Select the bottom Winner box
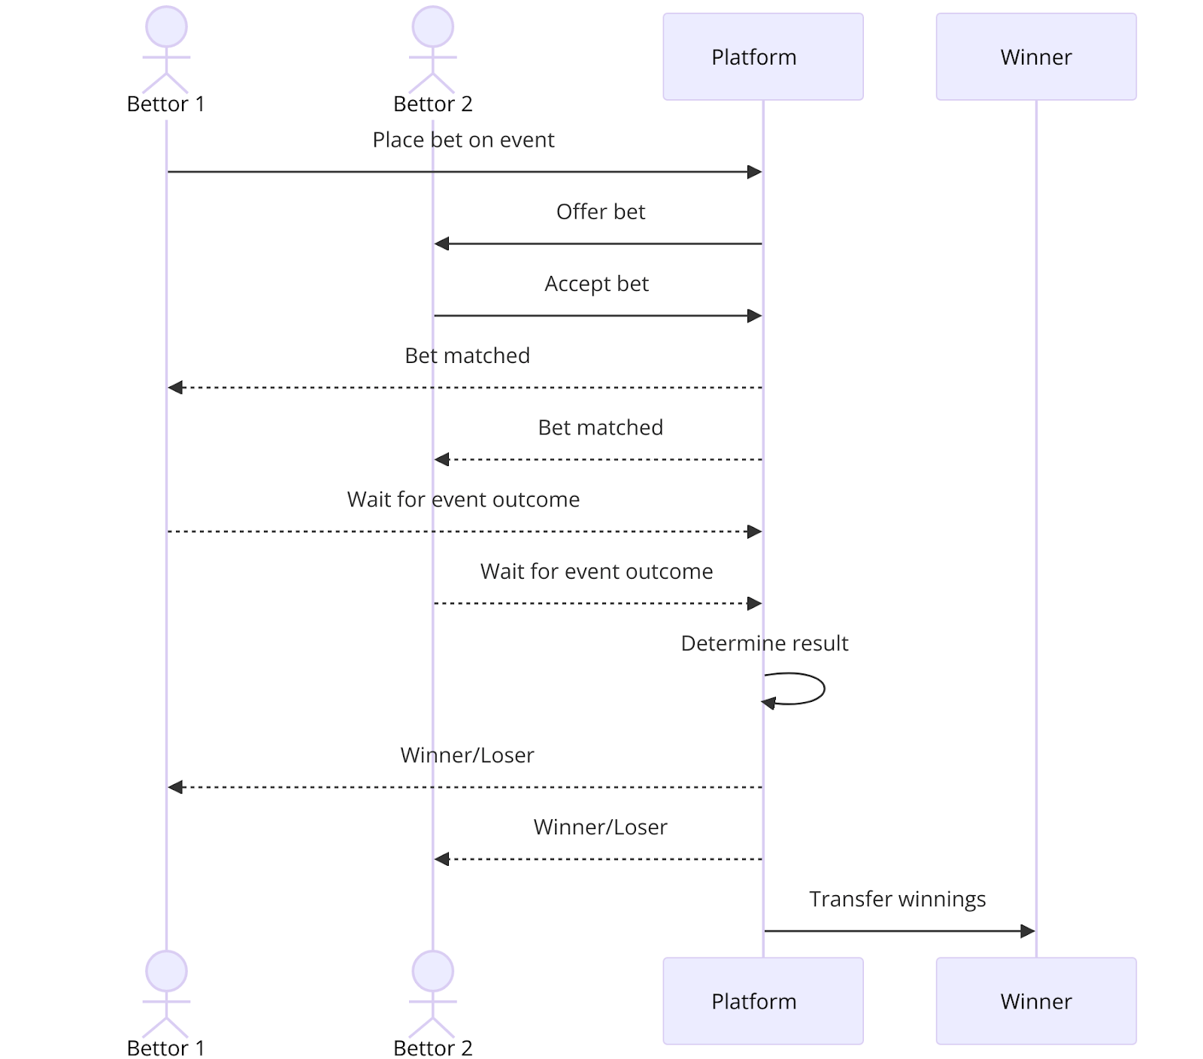[x=1035, y=1000]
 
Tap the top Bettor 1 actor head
[x=166, y=27]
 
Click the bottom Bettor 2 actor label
[x=432, y=1048]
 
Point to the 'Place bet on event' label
[x=463, y=140]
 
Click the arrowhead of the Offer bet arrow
[x=442, y=244]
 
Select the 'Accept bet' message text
[x=596, y=283]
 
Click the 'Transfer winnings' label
[x=897, y=899]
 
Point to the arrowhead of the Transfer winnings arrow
[x=1027, y=931]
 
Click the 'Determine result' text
[x=764, y=643]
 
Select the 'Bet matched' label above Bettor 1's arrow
[x=467, y=356]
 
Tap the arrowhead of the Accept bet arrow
[x=754, y=316]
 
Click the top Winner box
[x=1035, y=56]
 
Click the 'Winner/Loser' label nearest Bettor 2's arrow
[x=600, y=827]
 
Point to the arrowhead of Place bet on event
[x=754, y=172]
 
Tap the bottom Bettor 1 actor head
[x=166, y=970]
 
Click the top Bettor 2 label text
[x=432, y=104]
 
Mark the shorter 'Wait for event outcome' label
[x=596, y=571]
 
